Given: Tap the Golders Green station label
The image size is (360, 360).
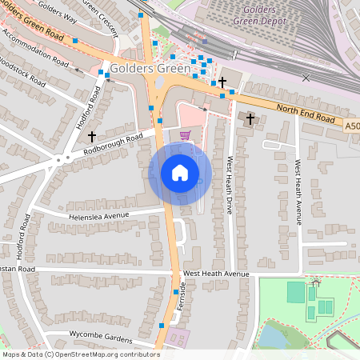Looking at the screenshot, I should coord(150,69).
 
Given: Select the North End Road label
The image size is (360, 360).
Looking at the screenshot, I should coord(305,113).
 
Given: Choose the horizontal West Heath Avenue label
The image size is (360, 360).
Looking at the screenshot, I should coord(216,274).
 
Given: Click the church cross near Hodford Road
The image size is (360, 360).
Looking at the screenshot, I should coord(91,137).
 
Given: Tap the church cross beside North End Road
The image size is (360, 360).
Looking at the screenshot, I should coord(250,119).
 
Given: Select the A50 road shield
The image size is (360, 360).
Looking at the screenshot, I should coord(353,126).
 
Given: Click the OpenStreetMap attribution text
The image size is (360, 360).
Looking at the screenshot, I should coord(80,354).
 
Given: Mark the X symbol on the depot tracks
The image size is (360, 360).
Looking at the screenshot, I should coord(306,78).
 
